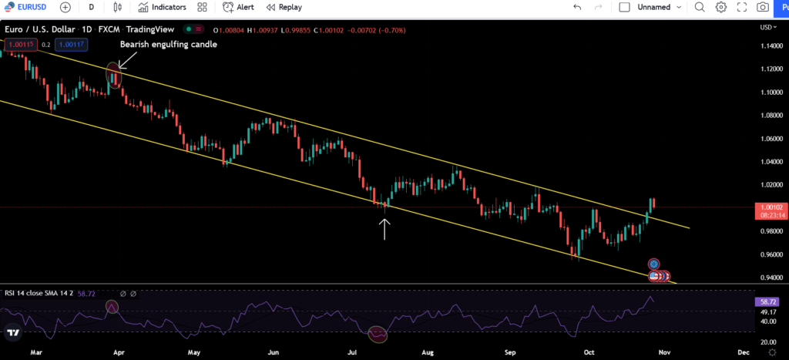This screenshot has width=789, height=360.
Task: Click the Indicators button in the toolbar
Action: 162,7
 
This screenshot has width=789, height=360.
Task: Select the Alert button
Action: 238,7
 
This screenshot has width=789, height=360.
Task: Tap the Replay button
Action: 284,7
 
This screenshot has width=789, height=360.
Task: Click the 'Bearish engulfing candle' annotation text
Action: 168,45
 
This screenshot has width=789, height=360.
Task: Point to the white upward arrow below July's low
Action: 384,229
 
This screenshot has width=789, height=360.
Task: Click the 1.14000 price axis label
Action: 771,45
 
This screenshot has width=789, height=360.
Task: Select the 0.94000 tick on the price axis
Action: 771,278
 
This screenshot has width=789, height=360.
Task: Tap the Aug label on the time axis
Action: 428,352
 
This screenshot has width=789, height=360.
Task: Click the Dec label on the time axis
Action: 744,352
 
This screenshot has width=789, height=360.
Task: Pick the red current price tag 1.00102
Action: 771,207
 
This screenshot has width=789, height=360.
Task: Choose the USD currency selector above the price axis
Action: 767,27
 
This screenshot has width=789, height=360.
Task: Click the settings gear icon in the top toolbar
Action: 721,7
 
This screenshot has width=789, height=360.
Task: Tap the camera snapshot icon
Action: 762,7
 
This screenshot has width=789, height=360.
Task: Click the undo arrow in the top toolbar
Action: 577,7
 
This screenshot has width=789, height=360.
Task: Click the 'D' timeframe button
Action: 92,7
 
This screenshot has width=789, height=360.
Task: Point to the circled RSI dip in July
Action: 378,334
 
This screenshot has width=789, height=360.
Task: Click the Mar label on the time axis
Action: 35,352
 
